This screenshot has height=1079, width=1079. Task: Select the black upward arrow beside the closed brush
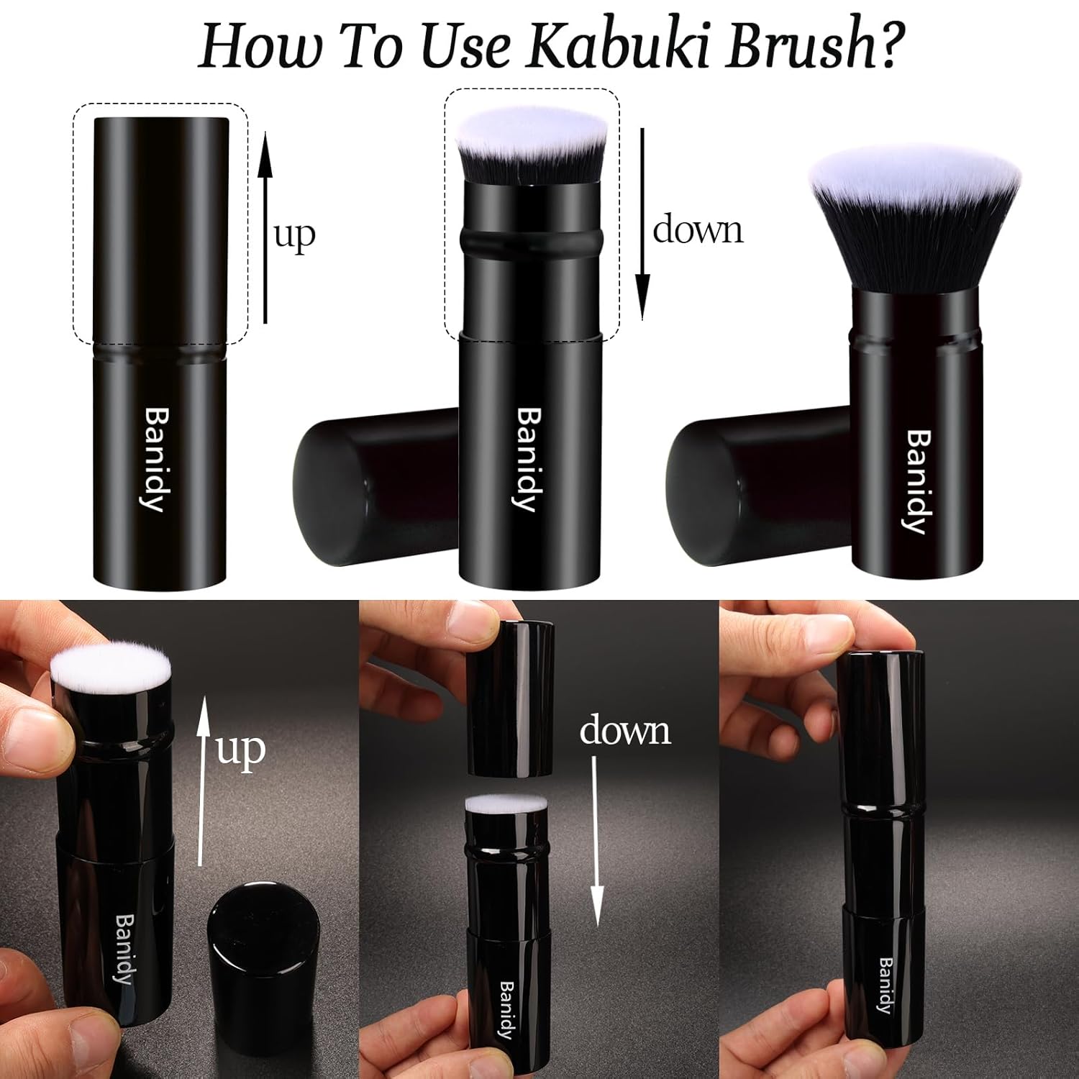[265, 227]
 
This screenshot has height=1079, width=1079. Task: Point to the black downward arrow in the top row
[642, 223]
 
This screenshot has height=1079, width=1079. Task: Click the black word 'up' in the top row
[294, 235]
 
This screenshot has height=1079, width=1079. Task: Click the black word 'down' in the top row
[697, 230]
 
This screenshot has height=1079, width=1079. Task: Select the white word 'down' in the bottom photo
[624, 731]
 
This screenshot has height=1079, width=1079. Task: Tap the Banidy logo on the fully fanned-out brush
[917, 481]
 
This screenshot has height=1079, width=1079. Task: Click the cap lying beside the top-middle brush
[374, 486]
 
